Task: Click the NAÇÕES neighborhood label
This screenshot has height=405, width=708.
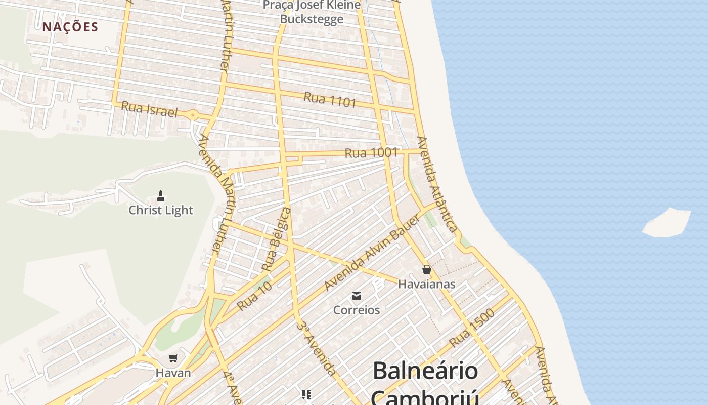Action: pyautogui.click(x=70, y=27)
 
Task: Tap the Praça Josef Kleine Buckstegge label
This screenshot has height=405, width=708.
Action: pyautogui.click(x=312, y=12)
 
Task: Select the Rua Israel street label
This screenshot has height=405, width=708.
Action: pyautogui.click(x=150, y=109)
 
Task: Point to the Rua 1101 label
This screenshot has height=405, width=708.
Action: pyautogui.click(x=330, y=99)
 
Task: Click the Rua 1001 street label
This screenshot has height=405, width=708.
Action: pyautogui.click(x=371, y=152)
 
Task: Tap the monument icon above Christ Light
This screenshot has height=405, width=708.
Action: pyautogui.click(x=161, y=195)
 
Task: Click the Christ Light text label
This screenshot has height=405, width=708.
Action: pyautogui.click(x=161, y=210)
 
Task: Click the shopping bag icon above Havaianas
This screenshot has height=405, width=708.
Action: pyautogui.click(x=427, y=269)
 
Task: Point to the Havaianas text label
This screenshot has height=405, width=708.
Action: pyautogui.click(x=427, y=284)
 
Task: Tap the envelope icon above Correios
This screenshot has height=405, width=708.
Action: pyautogui.click(x=357, y=295)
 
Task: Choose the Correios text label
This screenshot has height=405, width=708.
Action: pyautogui.click(x=357, y=310)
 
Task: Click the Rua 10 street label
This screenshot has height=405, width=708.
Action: pyautogui.click(x=254, y=296)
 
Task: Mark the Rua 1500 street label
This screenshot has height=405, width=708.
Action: pyautogui.click(x=471, y=328)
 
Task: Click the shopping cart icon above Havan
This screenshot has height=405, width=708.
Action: pyautogui.click(x=173, y=358)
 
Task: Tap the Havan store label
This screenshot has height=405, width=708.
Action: pyautogui.click(x=173, y=373)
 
